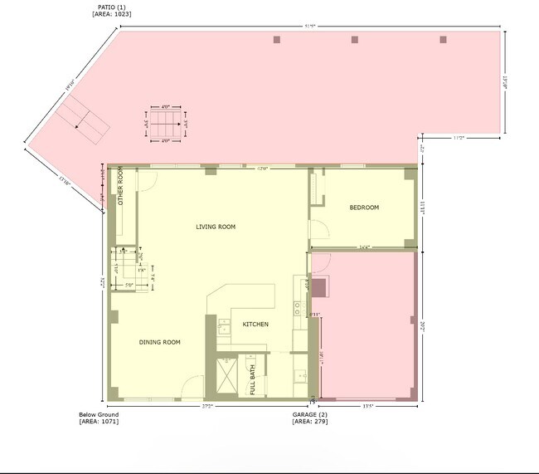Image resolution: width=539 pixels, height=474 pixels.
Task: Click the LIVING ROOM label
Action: pos(216,227)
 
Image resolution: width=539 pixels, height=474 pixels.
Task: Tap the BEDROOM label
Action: pos(363,208)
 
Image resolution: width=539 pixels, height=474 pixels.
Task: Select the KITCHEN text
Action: pos(255,324)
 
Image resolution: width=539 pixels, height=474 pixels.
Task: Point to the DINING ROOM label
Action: pos(159,342)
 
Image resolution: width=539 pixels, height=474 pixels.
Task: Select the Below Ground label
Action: pos(99,414)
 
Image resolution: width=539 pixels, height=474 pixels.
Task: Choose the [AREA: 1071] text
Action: pos(99,422)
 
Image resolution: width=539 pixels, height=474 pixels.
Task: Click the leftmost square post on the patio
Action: pos(276,39)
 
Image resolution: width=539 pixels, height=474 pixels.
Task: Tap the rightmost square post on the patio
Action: pos(443,39)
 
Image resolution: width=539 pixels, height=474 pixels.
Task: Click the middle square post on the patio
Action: pos(354,39)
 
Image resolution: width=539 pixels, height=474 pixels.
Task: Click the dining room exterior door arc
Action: pos(192,386)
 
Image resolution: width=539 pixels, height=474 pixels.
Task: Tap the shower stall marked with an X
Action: pos(226,369)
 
